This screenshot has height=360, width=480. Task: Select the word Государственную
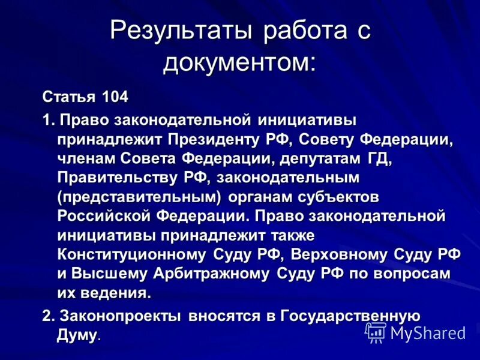350,316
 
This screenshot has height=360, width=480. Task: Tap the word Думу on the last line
77,335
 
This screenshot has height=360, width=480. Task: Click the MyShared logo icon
376,332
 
